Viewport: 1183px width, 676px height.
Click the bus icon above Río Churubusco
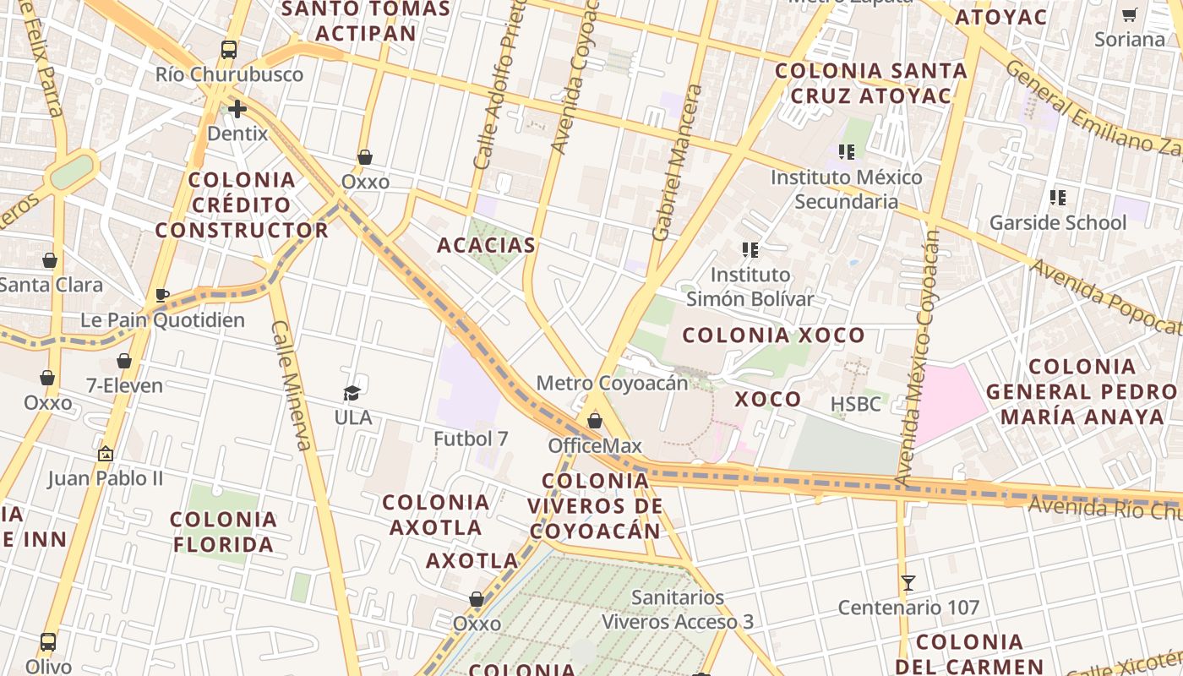coord(229,50)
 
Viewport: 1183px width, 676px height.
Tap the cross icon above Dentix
coord(237,109)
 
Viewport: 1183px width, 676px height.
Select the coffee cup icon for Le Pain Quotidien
coord(162,295)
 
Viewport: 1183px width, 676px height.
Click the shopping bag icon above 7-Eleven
coord(124,361)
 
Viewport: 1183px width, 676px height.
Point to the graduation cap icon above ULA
coord(352,393)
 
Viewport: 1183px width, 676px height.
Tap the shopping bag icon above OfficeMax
coord(595,421)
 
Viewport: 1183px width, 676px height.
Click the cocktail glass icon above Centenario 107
coord(908,582)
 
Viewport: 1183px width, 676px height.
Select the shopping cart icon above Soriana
coord(1129,14)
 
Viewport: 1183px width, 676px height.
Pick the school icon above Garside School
coord(1057,198)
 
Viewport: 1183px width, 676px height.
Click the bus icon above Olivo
coord(48,641)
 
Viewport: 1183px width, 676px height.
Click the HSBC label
coord(855,404)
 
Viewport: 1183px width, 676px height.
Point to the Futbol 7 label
coord(471,439)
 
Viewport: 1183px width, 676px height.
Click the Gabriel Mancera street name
coord(679,162)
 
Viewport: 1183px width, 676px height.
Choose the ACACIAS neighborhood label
coord(486,245)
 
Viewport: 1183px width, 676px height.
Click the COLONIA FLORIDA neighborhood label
coord(223,532)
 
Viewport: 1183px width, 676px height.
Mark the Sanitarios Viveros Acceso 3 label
coord(677,609)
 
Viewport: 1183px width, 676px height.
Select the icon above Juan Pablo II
coord(106,454)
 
